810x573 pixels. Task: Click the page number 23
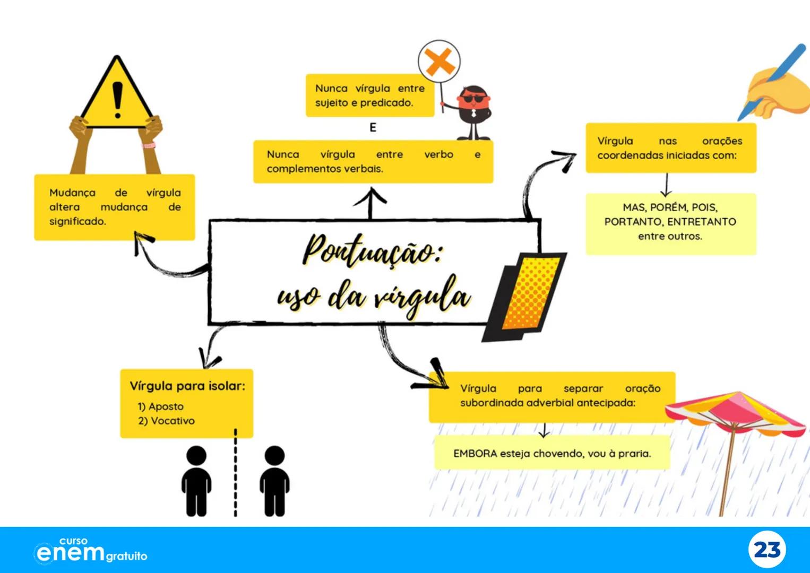pyautogui.click(x=767, y=550)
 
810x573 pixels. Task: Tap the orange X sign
pyautogui.click(x=440, y=62)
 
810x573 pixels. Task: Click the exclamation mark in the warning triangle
pyautogui.click(x=117, y=99)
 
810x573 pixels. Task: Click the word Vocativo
pyautogui.click(x=173, y=421)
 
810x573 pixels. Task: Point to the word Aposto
pyautogui.click(x=166, y=406)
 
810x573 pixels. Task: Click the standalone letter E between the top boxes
pyautogui.click(x=373, y=127)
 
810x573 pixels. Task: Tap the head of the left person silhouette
pyautogui.click(x=196, y=456)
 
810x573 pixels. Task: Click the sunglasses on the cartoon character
pyautogui.click(x=471, y=99)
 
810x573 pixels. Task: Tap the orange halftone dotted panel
pyautogui.click(x=531, y=292)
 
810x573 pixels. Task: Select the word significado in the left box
pyautogui.click(x=77, y=221)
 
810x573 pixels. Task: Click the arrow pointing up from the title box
pyautogui.click(x=370, y=202)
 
